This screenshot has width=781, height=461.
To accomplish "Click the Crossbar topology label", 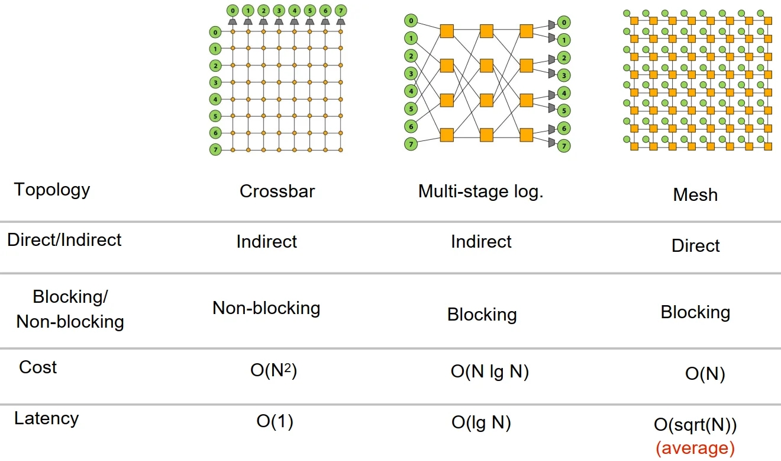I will pos(277,191).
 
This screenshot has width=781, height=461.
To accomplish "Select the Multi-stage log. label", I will pos(480,191).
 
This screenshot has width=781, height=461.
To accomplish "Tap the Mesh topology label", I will pos(695,195).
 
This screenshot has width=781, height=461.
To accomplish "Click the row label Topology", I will pos(52,190).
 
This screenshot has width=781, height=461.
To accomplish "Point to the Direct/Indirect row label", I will pos(64,240).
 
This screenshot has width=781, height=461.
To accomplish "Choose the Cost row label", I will pos(38,367).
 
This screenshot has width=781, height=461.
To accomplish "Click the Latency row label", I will pos(46,418).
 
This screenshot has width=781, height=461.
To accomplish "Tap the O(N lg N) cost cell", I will pos(489,372).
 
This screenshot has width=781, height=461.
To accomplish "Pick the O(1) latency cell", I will pos(275,422).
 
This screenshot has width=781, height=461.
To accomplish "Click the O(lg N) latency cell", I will pos(481,422).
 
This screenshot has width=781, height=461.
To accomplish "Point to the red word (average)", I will pos(695,447).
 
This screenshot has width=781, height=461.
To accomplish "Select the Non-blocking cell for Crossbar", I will pos(266,308).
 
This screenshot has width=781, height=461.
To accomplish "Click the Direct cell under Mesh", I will pos(696,246).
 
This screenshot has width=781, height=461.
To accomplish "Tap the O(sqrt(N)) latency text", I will pos(695,426).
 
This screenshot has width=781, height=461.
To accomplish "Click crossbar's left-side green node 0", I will pos(215,32).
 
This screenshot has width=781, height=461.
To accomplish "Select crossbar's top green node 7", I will pos(340,11).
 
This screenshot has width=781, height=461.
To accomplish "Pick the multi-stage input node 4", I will pos(410,91).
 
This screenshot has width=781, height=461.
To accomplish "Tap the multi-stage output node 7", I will pos(564,145).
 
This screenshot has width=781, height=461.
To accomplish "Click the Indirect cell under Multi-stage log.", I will pos(481,242).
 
